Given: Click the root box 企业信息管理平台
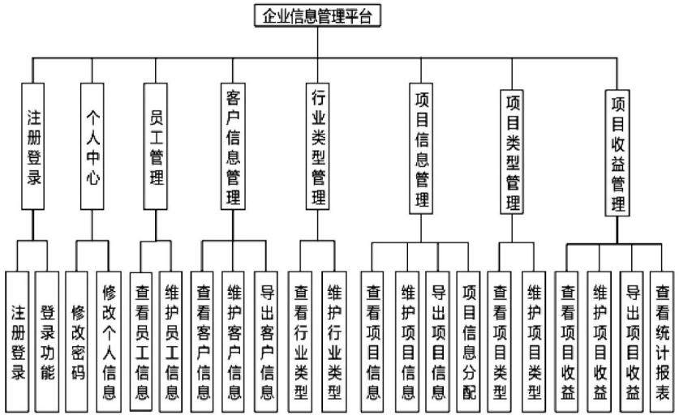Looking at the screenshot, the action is tap(317, 15).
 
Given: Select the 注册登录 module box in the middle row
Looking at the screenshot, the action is tap(33, 146).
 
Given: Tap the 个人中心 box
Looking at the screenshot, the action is tap(92, 146).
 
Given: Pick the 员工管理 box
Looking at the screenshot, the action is tap(156, 146).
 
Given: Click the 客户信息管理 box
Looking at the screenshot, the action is tap(233, 146).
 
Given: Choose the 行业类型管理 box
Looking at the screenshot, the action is tap(318, 146).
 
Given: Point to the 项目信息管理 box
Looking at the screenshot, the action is tap(421, 148).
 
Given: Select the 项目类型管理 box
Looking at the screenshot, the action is tap(512, 152).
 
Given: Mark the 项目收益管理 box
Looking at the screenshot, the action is tap(617, 152).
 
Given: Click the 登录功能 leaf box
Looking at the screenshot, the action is tap(47, 342).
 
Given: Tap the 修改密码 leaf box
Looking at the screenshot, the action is tap(77, 342).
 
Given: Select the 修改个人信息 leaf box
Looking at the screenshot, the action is tap(108, 342).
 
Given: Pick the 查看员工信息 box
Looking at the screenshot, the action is tap(141, 342).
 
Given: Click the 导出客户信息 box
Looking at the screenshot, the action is tap(266, 342).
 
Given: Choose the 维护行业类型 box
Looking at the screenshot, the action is tap(334, 342).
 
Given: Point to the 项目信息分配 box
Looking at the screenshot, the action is tap(469, 342).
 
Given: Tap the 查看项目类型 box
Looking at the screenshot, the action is tap(500, 342).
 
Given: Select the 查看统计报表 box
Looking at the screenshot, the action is tap(662, 342).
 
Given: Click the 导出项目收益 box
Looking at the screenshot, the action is tap(632, 342).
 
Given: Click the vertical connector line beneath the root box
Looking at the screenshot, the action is tap(318, 42).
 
